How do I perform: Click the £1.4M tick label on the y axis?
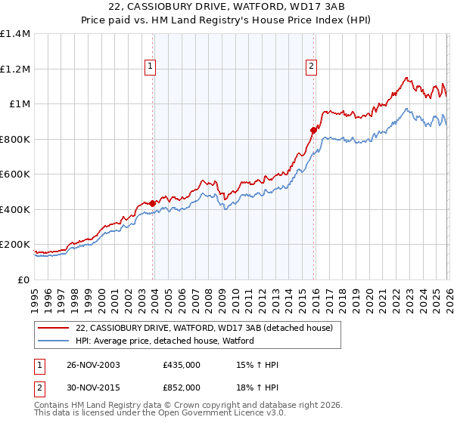point(15,34)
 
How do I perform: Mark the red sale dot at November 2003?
point(153,203)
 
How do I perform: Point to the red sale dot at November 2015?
point(313,130)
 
